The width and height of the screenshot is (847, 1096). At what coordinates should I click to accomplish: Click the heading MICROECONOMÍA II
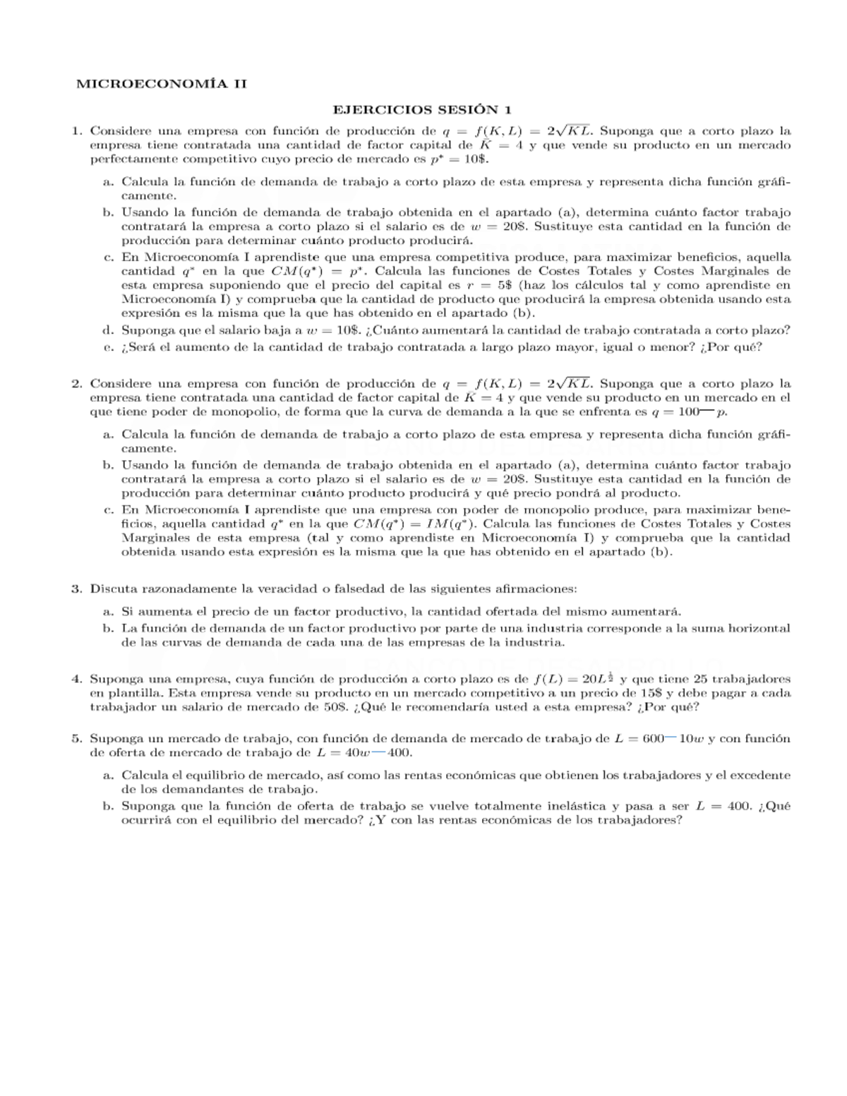coord(162,84)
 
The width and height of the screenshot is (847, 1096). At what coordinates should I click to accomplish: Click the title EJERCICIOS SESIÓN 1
coord(421,109)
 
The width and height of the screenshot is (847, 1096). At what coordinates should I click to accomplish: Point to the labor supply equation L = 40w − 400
coord(364,752)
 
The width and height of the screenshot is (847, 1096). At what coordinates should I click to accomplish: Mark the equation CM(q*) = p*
coord(317,271)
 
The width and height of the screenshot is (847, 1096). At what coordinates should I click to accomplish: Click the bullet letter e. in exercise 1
coord(108,347)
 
